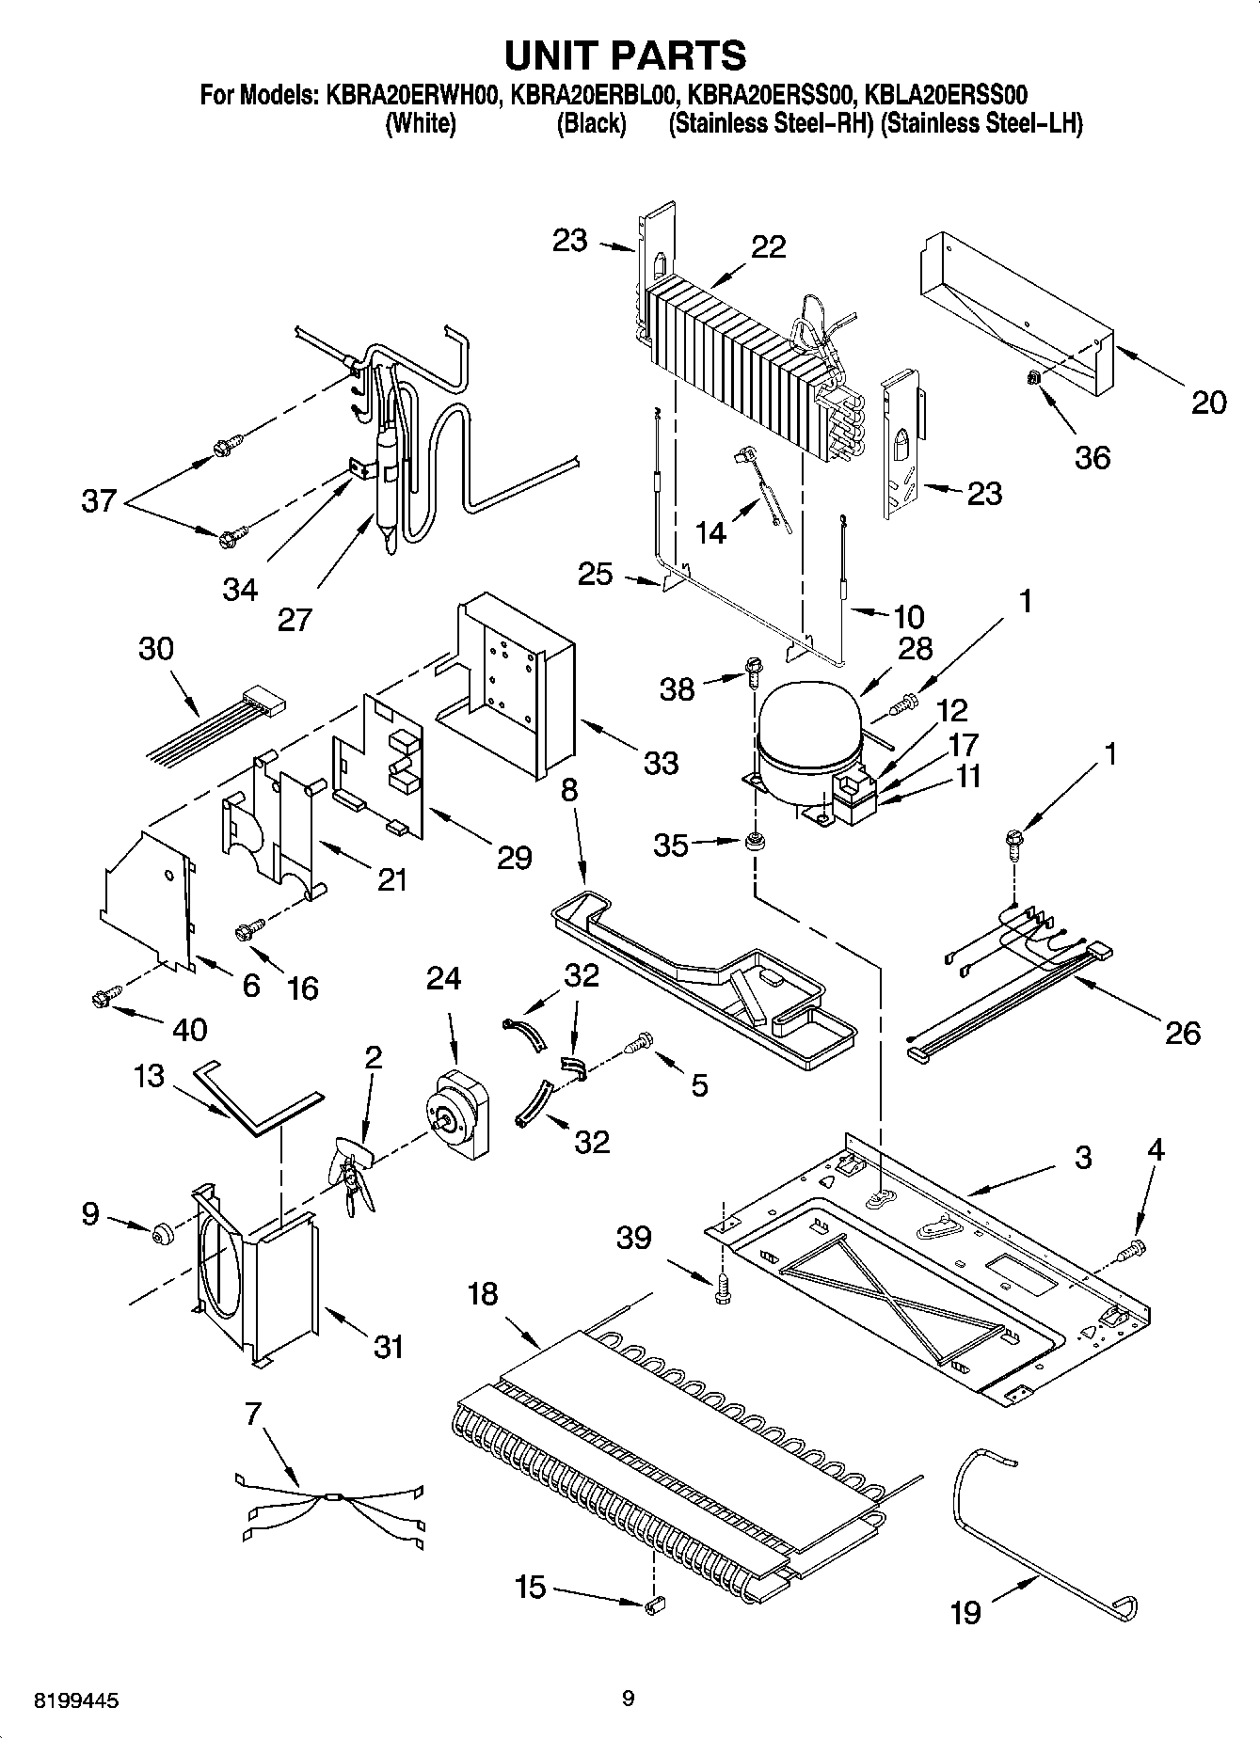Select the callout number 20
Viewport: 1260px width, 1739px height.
[1208, 403]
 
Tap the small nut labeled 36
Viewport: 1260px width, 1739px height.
[1031, 378]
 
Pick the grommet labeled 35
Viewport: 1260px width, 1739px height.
[753, 839]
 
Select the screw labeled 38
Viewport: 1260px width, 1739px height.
[753, 671]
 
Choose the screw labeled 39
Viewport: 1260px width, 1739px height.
[722, 1292]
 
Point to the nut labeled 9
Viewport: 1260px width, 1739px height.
[161, 1232]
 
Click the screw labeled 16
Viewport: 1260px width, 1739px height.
[247, 931]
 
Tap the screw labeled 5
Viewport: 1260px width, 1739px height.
[640, 1042]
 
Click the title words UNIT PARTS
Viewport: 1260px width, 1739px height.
[625, 55]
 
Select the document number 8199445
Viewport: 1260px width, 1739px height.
[76, 1700]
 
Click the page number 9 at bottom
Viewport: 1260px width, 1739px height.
[629, 1699]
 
